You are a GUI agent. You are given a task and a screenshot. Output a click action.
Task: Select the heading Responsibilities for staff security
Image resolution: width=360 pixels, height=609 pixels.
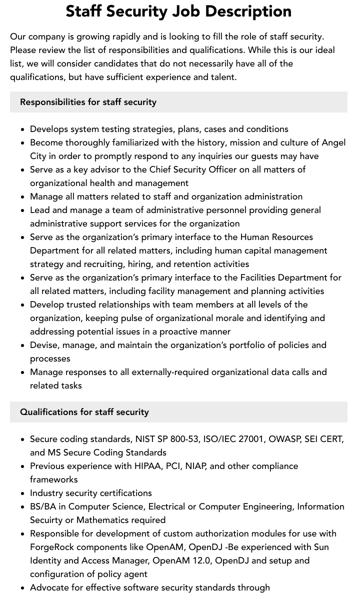(88, 102)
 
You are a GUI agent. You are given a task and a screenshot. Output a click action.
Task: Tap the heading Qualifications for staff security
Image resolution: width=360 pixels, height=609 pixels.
(84, 412)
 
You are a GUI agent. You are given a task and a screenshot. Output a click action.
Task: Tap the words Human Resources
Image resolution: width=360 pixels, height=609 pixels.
(276, 237)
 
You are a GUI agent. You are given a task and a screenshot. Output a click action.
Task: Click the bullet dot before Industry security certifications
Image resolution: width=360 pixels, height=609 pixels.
(23, 493)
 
